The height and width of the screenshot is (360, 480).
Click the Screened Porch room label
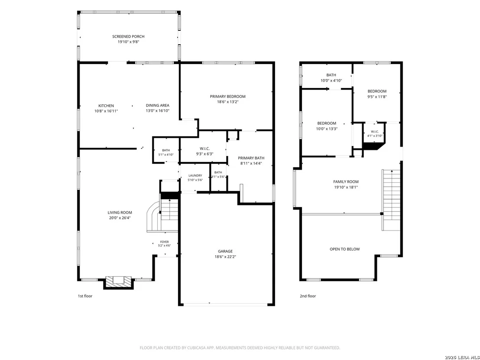pos(128,36)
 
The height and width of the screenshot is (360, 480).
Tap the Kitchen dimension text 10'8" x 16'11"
pos(106,111)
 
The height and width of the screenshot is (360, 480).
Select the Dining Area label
pos(157,105)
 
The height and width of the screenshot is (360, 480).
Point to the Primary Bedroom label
pos(227,97)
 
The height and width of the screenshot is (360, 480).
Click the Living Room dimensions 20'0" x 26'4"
pos(120,218)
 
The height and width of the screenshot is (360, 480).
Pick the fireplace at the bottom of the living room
pos(119,282)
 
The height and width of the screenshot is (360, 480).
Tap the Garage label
pos(225,251)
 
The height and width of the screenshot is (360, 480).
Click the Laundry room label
pos(195,175)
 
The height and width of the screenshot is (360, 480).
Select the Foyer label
pos(164,242)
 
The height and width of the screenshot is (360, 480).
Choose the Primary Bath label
pos(251,158)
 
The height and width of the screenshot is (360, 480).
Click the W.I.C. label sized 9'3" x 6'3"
pos(204,149)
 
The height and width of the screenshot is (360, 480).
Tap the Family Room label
pos(346,182)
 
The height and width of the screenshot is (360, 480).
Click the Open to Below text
pos(345,249)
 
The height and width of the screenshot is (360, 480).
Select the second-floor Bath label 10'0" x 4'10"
pos(331,75)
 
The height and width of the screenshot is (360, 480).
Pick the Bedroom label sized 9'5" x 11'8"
pos(377,91)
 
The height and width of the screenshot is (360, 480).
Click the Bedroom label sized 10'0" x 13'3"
pos(327,123)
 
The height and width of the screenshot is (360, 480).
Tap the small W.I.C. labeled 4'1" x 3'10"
pos(375,132)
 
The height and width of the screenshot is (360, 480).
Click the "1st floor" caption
pos(85,296)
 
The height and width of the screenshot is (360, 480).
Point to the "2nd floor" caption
pos(308,296)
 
